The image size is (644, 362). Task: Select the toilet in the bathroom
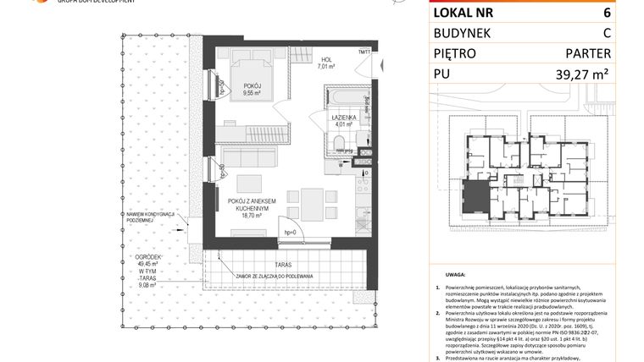pyautogui.click(x=337, y=144)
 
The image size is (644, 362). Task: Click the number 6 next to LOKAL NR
pyautogui.click(x=607, y=14)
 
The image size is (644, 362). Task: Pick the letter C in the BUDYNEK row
pyautogui.click(x=606, y=33)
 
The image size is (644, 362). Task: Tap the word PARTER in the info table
pyautogui.click(x=587, y=53)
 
